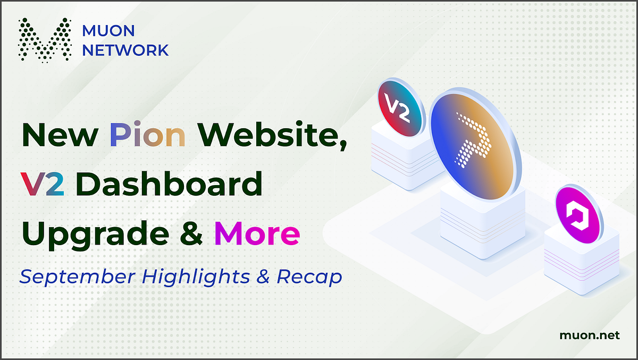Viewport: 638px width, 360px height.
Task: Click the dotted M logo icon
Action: [x=45, y=39]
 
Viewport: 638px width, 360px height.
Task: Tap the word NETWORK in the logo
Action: [x=125, y=50]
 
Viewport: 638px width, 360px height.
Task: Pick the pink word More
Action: [x=257, y=233]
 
